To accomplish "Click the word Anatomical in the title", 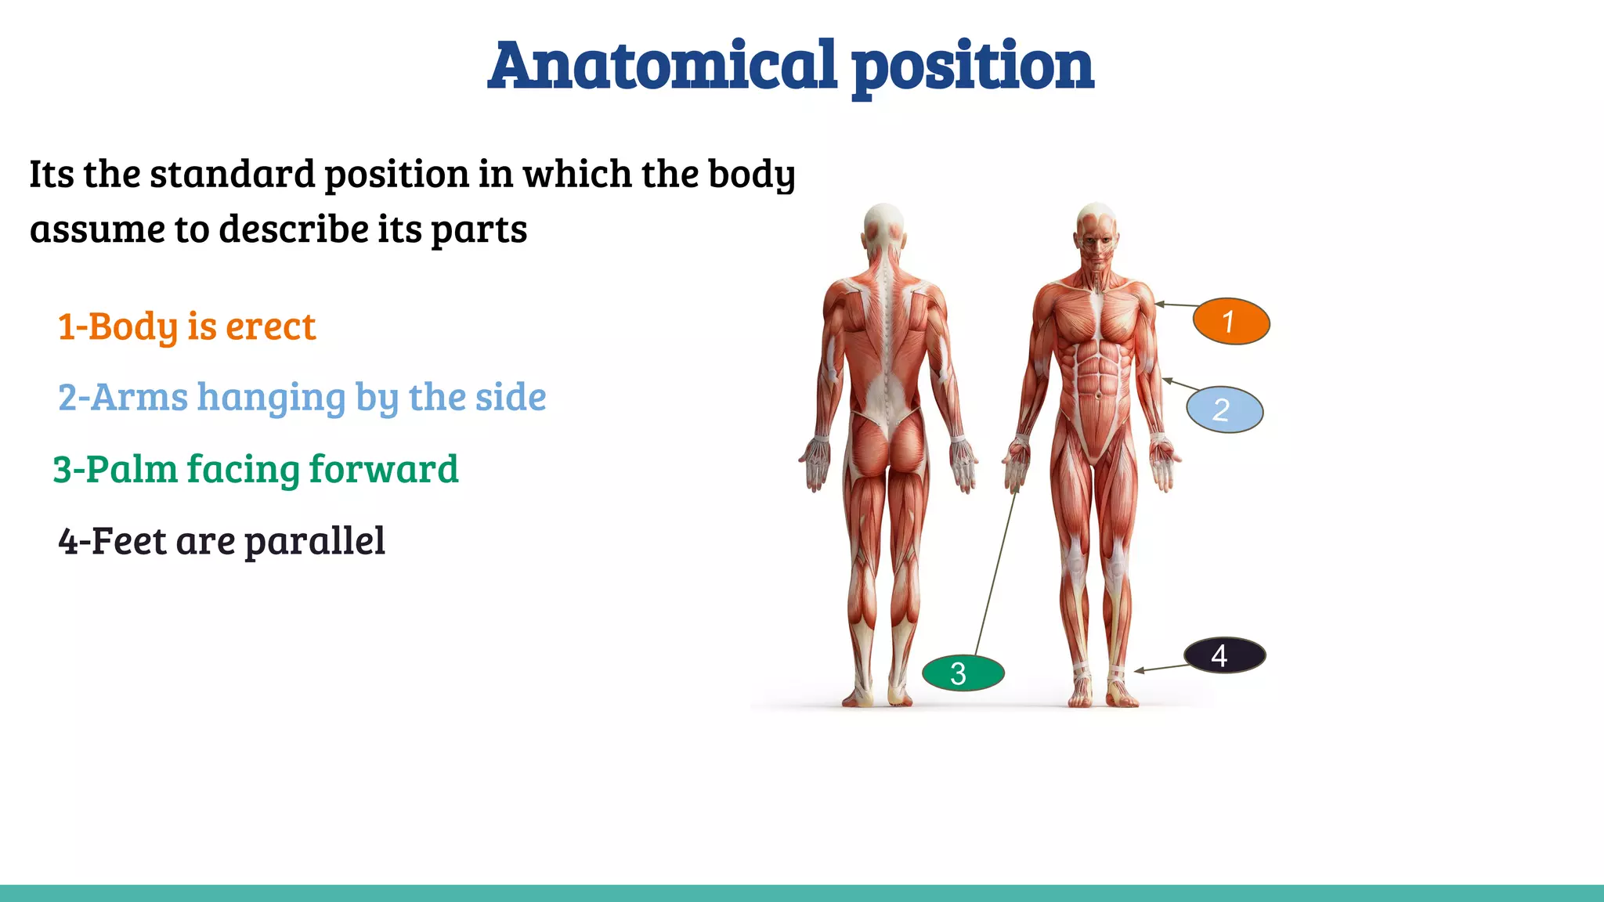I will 663,66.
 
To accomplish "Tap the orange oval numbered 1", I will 1230,321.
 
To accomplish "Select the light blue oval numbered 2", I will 1224,410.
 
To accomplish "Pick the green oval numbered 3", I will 963,673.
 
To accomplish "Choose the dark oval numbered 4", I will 1224,655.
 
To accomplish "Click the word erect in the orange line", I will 271,327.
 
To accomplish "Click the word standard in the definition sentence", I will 232,174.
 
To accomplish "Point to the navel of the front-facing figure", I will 1098,395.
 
